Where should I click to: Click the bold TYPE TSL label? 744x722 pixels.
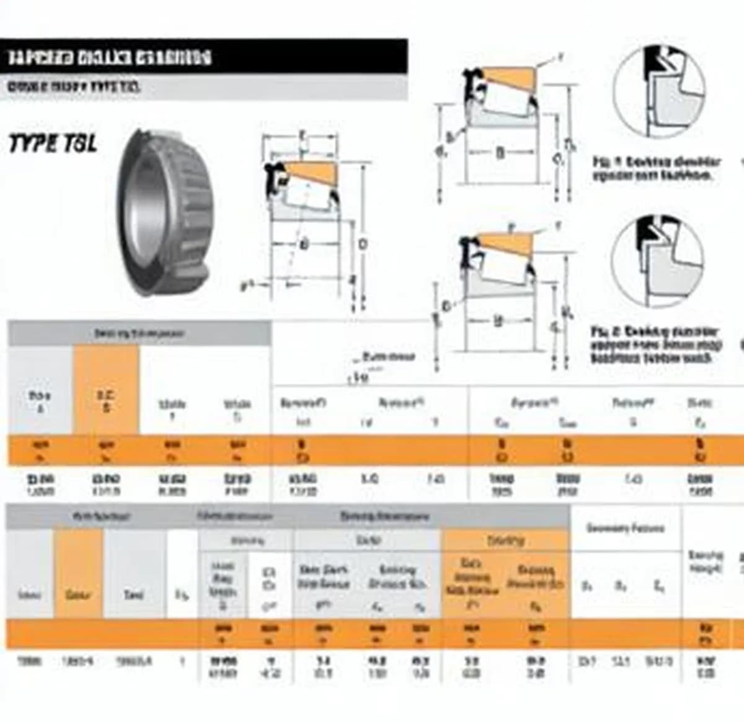pyautogui.click(x=53, y=144)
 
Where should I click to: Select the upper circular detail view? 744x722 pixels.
pyautogui.click(x=658, y=91)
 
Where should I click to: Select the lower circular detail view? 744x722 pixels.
pyautogui.click(x=657, y=260)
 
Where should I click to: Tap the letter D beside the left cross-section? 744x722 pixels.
pyautogui.click(x=363, y=244)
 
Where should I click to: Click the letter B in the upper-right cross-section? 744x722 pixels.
pyautogui.click(x=500, y=152)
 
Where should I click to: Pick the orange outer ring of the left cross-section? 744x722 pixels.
pyautogui.click(x=310, y=171)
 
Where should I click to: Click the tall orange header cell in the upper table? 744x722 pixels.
pyautogui.click(x=106, y=389)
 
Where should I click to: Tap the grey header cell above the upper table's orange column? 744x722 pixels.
pyautogui.click(x=139, y=333)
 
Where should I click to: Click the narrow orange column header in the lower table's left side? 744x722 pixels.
pyautogui.click(x=78, y=573)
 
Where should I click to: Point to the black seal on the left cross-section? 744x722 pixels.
pyautogui.click(x=272, y=177)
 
